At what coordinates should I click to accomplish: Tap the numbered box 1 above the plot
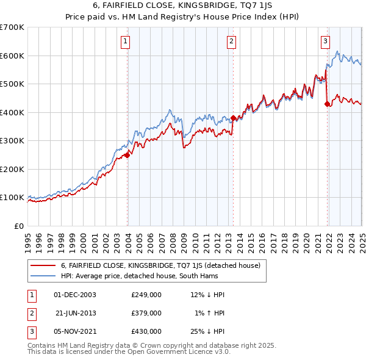coord(125,41)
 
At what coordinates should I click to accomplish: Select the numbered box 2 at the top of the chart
coord(232,41)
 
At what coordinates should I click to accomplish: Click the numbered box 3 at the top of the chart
coord(325,41)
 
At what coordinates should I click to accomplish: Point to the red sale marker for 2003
coord(127,155)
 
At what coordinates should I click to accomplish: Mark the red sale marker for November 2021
coord(328,104)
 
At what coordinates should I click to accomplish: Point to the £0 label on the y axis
coord(18,226)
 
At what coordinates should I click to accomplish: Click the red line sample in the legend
coord(43,265)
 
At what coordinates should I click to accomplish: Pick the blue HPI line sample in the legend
coord(43,276)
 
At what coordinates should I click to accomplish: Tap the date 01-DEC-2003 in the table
coord(75,295)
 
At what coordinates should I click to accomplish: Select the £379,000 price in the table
coord(146,313)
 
